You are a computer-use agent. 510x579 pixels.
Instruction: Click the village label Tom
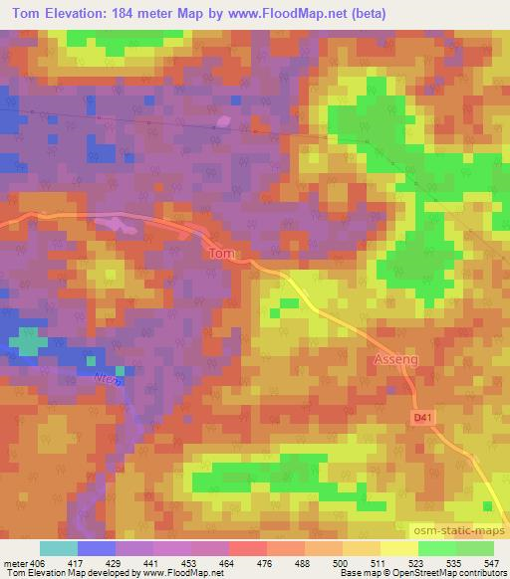pos(221,254)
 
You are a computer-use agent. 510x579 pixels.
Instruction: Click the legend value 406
pos(37,563)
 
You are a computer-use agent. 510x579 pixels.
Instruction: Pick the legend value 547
pos(493,563)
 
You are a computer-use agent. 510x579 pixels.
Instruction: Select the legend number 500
pos(341,563)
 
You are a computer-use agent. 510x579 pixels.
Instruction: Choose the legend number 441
pos(150,563)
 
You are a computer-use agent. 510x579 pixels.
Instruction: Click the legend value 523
pos(417,563)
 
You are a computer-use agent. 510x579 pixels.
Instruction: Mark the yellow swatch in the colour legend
pos(398,549)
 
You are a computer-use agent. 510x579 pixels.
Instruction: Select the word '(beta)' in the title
pos(365,13)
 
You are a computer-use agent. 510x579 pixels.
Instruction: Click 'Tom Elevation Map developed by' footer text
pos(68,573)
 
